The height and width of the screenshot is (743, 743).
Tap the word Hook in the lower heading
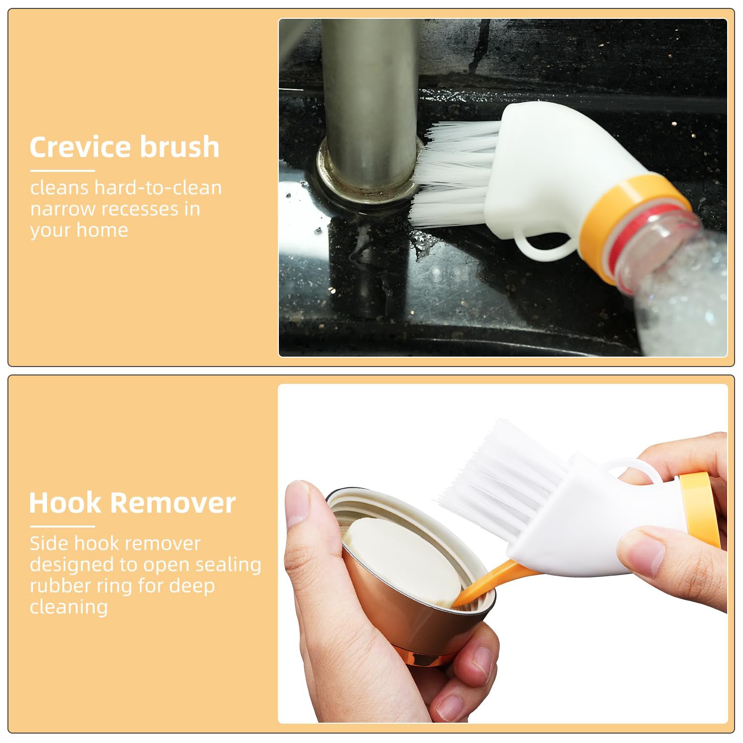[x=65, y=503]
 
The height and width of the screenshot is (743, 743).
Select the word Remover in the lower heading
[x=173, y=503]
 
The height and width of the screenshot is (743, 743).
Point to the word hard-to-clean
[x=158, y=188]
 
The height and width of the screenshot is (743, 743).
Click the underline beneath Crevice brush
[x=62, y=171]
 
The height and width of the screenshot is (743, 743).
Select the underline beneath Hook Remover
[x=62, y=527]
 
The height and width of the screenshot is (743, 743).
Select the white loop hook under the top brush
[x=540, y=248]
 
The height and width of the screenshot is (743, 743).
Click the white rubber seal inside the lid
[x=401, y=555]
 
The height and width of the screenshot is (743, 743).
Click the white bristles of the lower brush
[x=500, y=476]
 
